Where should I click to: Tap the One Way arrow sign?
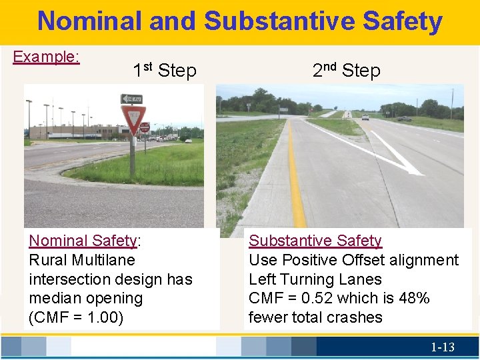click(131, 99)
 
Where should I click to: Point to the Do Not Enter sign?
click(145, 127)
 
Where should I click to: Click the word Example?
click(46, 57)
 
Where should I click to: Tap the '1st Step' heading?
click(164, 70)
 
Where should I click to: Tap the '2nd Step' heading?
click(346, 70)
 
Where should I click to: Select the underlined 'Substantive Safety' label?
click(315, 241)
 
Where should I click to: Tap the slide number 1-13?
click(442, 347)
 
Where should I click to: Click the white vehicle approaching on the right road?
click(365, 117)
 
